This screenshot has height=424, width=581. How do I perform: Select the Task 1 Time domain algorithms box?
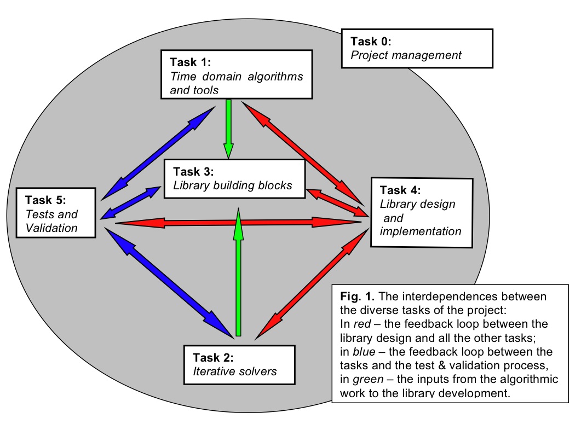tap(240, 74)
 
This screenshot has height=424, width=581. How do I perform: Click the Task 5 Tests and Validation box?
tap(57, 213)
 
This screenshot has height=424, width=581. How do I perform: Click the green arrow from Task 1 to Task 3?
tap(228, 128)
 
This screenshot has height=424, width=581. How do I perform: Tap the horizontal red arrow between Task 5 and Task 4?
tap(235, 222)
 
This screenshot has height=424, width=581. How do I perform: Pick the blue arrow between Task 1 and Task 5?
tap(157, 153)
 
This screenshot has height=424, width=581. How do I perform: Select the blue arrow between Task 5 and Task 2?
tap(166, 282)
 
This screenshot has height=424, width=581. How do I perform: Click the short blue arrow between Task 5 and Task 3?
tap(130, 203)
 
